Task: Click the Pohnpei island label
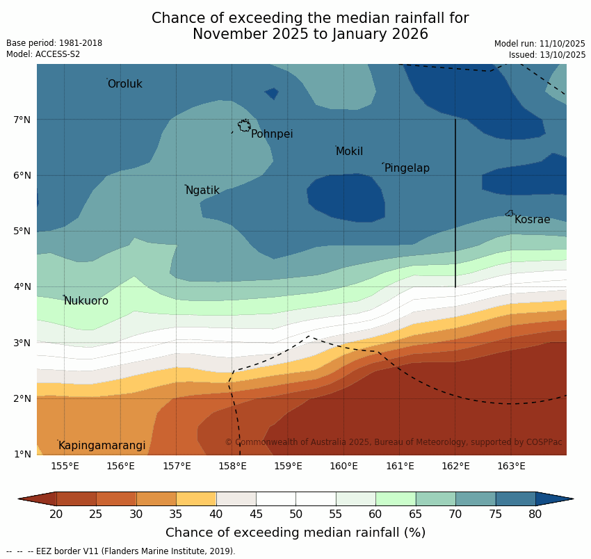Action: [272, 134]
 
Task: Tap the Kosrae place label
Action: [532, 220]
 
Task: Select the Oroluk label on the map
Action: [125, 84]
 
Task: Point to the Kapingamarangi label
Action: [102, 446]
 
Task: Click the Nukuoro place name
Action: [86, 301]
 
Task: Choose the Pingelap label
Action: [407, 168]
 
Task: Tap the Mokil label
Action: [349, 152]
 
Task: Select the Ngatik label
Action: [202, 191]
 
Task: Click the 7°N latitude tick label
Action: [22, 120]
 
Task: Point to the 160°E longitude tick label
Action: [343, 466]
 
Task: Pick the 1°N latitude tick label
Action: [22, 454]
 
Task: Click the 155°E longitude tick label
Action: [65, 466]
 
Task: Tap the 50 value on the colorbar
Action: [295, 514]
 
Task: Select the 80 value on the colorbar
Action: [535, 514]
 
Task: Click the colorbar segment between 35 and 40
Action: [196, 499]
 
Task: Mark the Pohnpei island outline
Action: [244, 126]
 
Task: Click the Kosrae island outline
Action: [510, 213]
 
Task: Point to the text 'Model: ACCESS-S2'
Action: [43, 54]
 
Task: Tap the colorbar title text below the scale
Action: [295, 533]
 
